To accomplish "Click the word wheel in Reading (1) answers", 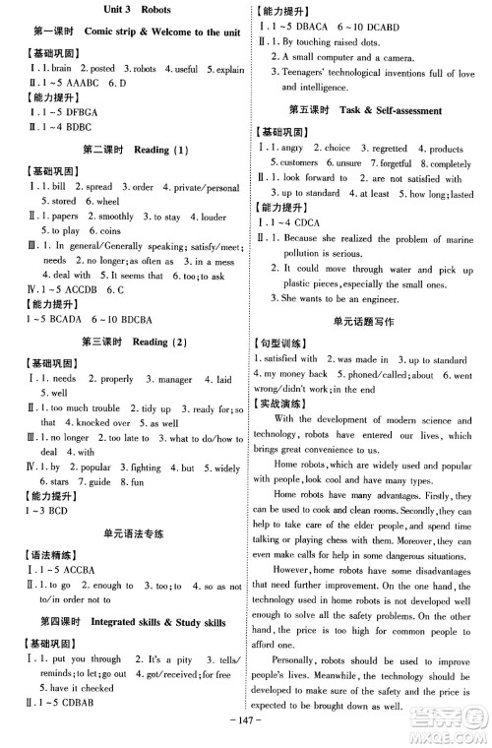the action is [x=108, y=200].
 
